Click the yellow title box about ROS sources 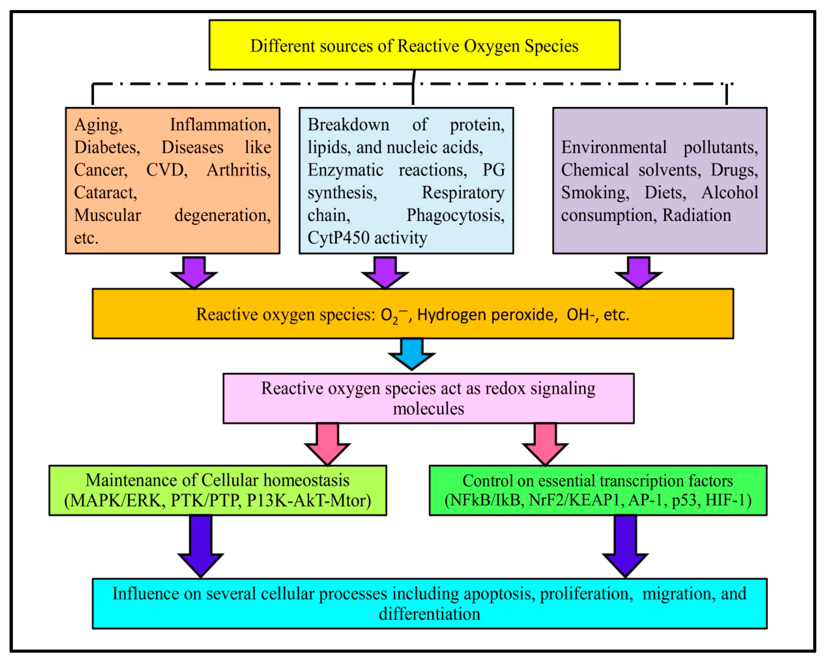[414, 45]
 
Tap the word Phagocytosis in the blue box [455, 215]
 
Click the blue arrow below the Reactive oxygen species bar [411, 353]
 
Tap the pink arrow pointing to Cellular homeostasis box [327, 443]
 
